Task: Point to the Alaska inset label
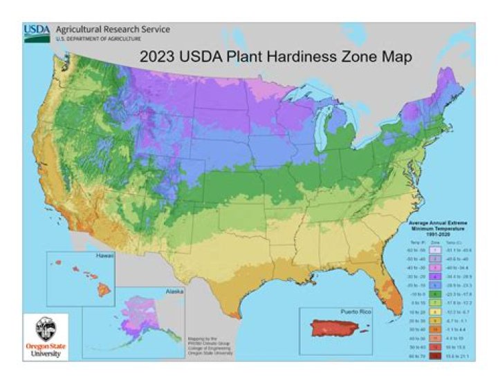[x=174, y=291]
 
